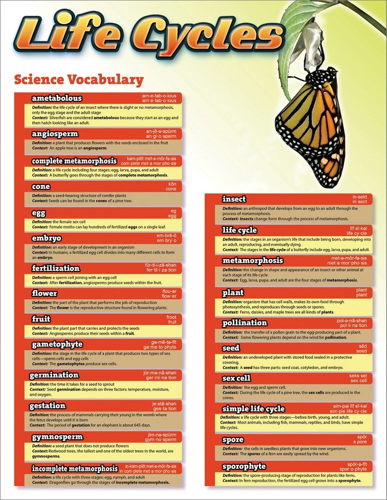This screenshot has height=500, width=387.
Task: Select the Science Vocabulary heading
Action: coord(79,79)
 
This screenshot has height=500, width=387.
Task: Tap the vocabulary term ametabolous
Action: coord(57,98)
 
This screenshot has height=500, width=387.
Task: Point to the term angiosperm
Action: coord(54,133)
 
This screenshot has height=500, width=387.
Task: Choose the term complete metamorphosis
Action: coord(74,161)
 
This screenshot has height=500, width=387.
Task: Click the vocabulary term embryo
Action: coord(47,238)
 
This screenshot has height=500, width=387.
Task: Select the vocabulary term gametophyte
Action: coord(57,344)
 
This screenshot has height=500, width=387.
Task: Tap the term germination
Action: coord(54,375)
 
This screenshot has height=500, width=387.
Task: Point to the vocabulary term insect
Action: coord(234,199)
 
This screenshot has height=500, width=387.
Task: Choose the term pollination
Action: coord(245,322)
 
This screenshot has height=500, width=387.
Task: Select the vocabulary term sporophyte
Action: coord(244,467)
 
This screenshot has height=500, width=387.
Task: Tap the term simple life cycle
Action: coord(253,408)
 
